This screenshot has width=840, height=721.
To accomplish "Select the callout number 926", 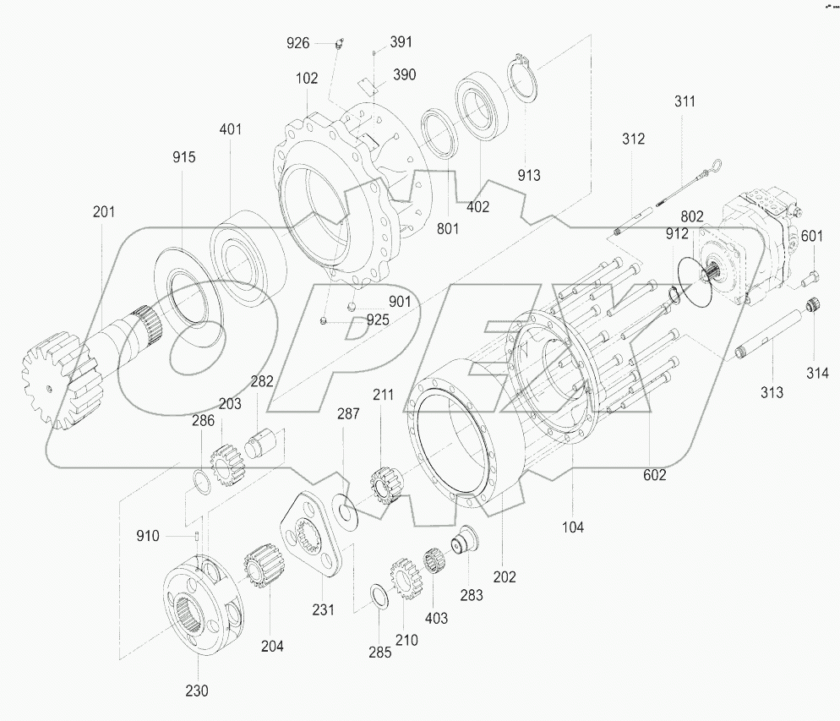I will tap(298, 42).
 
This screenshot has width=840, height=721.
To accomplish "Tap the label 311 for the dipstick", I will tap(685, 101).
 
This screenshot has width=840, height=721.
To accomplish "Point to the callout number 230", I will tap(196, 691).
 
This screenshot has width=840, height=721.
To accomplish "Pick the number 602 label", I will tap(654, 475).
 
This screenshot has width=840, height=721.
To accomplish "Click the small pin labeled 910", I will tap(196, 534).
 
